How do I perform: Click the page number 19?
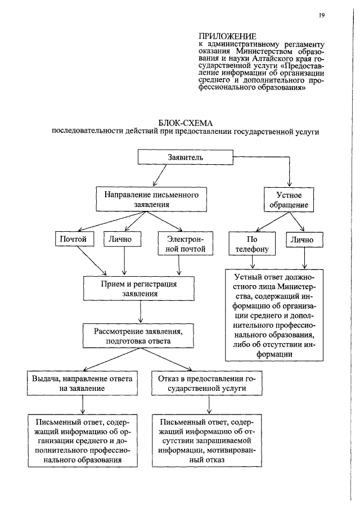[x=321, y=15]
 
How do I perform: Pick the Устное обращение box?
[x=289, y=200]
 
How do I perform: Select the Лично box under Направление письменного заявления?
[x=124, y=239]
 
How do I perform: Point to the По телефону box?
[x=252, y=244]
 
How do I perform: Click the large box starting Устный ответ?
[x=275, y=316]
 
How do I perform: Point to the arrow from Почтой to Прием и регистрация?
[x=92, y=260]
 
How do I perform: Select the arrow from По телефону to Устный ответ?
[x=252, y=262]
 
